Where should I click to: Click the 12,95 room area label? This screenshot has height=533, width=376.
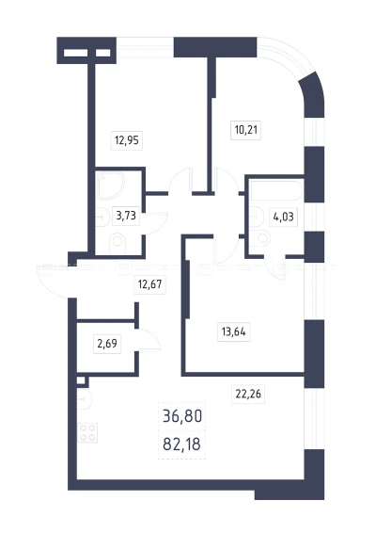tap(127, 140)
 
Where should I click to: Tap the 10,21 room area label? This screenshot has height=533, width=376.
tap(245, 130)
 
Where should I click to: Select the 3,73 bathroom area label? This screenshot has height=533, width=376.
tap(126, 216)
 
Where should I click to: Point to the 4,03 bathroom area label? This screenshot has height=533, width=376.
tap(283, 217)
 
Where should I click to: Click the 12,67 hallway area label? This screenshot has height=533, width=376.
tap(149, 283)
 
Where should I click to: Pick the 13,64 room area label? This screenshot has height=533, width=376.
tap(233, 331)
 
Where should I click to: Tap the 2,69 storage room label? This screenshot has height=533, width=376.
tap(107, 344)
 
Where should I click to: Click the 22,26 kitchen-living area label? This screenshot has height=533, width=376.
tap(248, 394)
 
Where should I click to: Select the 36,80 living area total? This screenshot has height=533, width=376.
tap(182, 416)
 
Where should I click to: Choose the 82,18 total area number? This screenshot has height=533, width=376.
tap(182, 444)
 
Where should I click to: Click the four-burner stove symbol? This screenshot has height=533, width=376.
tap(87, 433)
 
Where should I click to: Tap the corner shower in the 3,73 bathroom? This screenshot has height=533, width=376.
tap(111, 186)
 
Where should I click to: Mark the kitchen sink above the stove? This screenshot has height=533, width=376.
tap(85, 399)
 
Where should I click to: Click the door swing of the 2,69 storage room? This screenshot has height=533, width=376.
tap(149, 339)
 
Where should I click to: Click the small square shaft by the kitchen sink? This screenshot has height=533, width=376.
tap(81, 380)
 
